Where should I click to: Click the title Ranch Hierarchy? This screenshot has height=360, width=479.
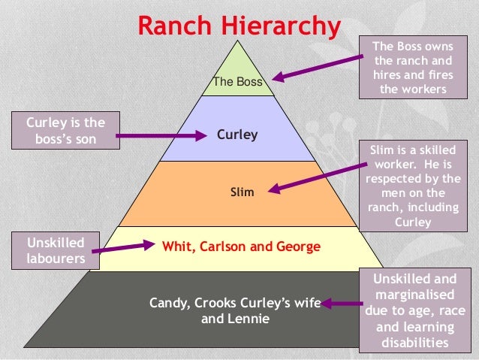[x=238, y=25]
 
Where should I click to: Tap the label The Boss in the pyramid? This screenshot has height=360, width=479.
[x=238, y=82]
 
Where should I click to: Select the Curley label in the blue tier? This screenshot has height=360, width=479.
[x=237, y=135]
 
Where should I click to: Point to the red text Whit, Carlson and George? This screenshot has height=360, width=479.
[x=241, y=247]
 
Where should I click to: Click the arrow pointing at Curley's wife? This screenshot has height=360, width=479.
[x=342, y=304]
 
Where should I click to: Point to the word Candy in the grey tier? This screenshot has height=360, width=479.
[x=170, y=303]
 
